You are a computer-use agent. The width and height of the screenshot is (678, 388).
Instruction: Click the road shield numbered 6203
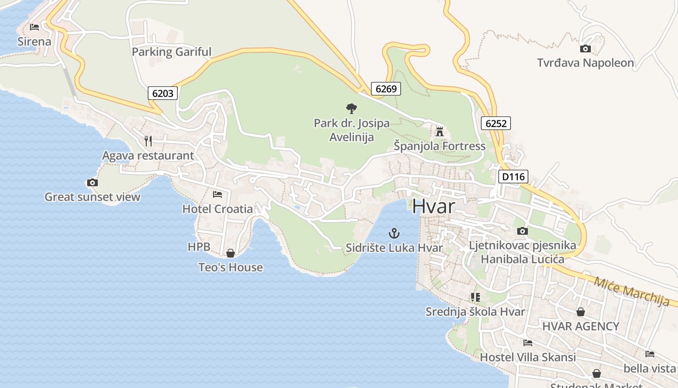pos(163,93)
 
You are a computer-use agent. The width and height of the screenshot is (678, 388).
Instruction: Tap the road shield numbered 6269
pos(386,88)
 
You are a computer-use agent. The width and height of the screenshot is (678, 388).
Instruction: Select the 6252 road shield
pos(496,123)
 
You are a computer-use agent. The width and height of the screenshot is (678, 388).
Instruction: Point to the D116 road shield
pos(513,177)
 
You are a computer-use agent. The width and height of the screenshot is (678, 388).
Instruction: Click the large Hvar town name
pos(433,207)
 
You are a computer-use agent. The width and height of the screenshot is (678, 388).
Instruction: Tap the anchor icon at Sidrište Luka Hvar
pos(394,233)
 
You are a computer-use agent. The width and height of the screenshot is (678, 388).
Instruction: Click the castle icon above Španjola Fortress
pos(440,131)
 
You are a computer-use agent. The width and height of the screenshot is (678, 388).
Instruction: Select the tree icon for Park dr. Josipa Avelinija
pos(352,108)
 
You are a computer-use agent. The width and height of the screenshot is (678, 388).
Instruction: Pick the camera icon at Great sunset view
pos(92,183)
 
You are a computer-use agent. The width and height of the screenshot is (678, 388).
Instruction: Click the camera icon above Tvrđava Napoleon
pos(586,48)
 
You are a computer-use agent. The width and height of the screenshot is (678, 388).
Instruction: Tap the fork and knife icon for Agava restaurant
pos(148,141)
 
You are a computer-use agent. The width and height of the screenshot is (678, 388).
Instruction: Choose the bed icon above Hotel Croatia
pos(217,194)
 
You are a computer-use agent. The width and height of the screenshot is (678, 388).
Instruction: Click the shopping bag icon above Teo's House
pos(231,253)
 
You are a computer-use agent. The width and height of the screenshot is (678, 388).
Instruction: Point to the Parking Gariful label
pos(172,52)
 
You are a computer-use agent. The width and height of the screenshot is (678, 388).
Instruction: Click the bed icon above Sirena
pos(34,27)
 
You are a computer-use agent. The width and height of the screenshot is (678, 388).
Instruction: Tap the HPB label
pos(199,247)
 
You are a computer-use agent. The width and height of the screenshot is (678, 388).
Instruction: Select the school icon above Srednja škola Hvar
pos(475,297)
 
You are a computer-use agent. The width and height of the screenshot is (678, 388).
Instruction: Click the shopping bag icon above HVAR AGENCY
pos(580,312)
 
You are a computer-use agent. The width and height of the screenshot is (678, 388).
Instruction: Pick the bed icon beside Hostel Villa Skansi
pos(528,343)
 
